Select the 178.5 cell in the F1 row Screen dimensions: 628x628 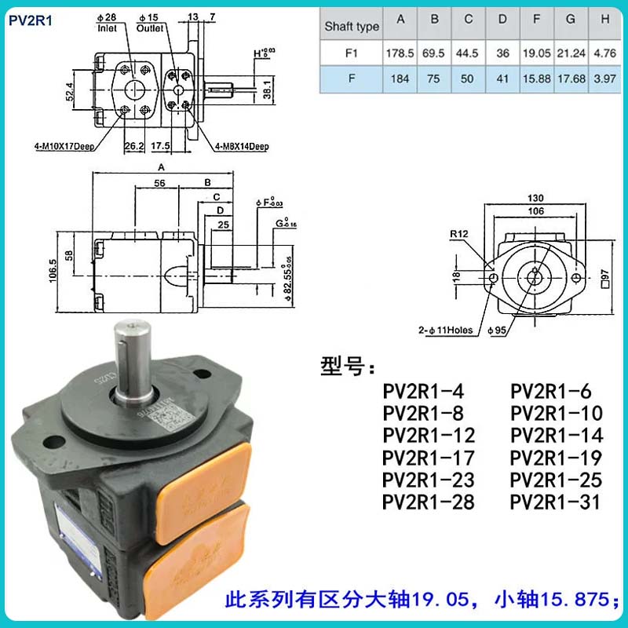click(400, 54)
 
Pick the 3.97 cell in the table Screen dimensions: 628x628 click(602, 79)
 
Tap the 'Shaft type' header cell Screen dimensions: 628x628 click(352, 27)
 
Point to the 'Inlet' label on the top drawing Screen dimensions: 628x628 click(107, 27)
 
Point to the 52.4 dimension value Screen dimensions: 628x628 click(70, 92)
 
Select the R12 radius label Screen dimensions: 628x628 click(459, 234)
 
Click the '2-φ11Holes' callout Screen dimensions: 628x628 click(445, 330)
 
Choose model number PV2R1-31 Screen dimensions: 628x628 click(556, 502)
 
